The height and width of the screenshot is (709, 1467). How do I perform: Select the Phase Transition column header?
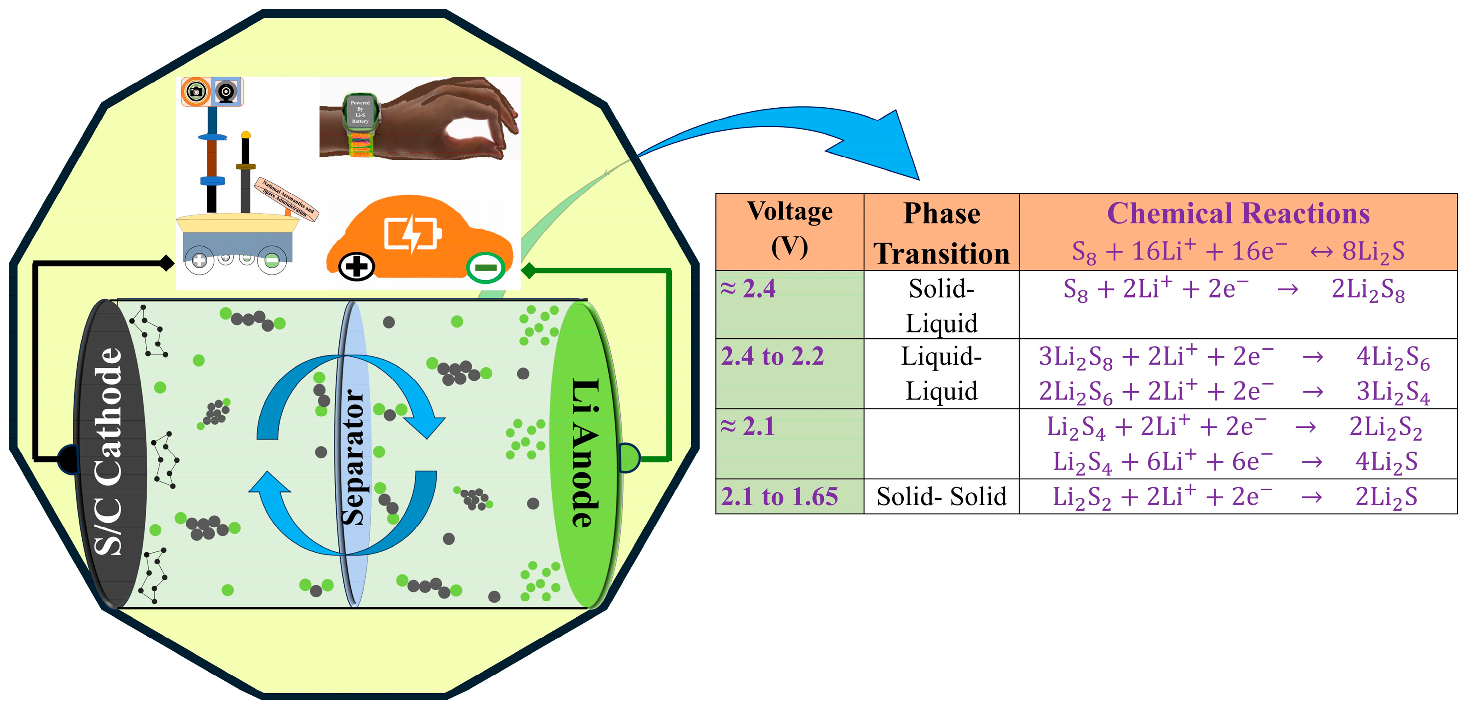[941, 233]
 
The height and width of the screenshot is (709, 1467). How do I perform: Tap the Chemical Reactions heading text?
[1238, 214]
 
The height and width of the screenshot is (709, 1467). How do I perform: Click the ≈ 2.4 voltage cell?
[748, 289]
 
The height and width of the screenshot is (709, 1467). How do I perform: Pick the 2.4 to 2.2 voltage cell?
[772, 357]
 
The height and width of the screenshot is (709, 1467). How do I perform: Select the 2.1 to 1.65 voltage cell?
[779, 497]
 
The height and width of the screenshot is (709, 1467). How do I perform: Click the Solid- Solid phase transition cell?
[941, 497]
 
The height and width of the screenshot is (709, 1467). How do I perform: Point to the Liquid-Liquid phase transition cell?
[941, 374]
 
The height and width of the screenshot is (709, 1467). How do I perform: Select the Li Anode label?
[585, 453]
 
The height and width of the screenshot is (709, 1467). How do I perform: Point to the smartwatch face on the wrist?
[360, 112]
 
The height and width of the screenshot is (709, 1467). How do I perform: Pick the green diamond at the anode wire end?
[528, 271]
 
